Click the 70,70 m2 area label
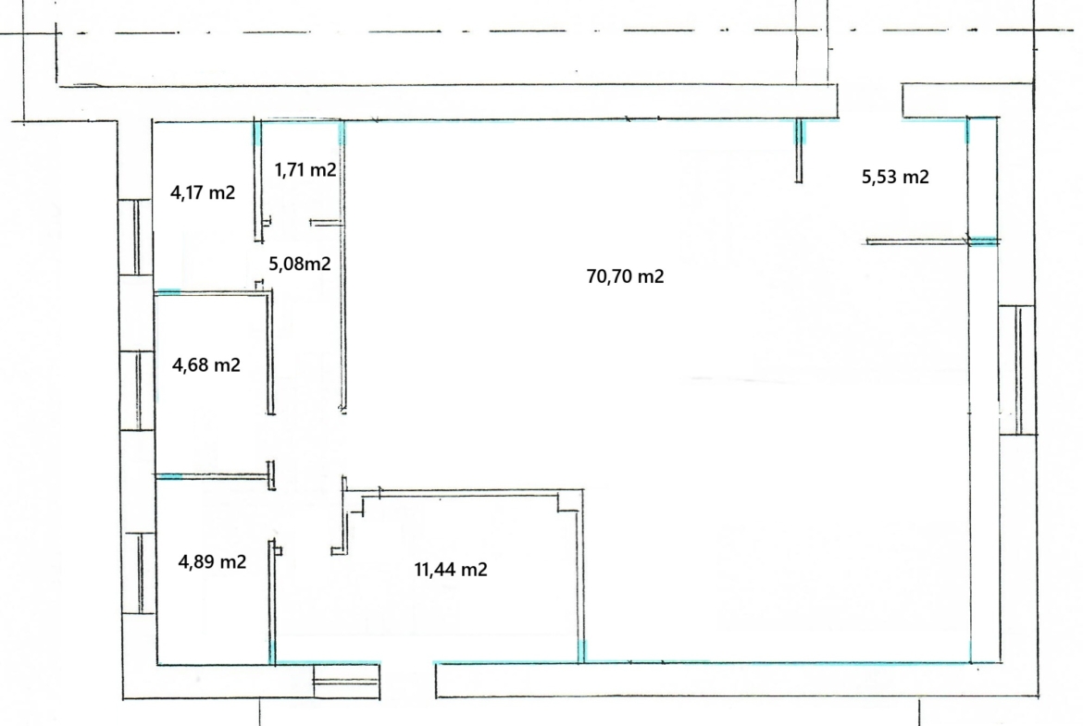point(625,277)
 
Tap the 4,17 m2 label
point(203,192)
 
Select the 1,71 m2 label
point(305,169)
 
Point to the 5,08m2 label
point(300,264)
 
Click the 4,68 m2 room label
point(205,364)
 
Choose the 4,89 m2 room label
point(212,561)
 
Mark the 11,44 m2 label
point(451,570)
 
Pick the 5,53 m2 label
point(895,177)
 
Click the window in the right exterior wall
point(1017,370)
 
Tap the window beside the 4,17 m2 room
point(137,238)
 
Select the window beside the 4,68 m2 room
point(137,391)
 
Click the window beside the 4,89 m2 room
point(140,572)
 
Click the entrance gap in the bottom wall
point(408,681)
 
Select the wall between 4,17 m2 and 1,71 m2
point(258,181)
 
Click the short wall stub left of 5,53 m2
point(799,151)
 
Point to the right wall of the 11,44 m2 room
point(581,576)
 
